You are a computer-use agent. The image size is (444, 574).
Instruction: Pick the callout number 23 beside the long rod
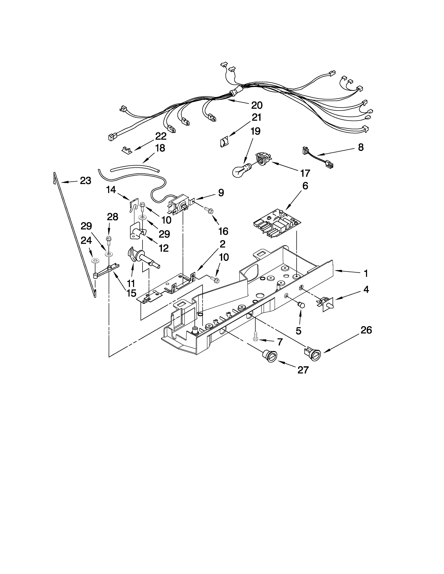coord(85,181)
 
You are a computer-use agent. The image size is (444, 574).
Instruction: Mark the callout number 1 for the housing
coord(365,274)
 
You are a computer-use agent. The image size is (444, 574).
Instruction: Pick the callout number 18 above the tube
coord(160,148)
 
